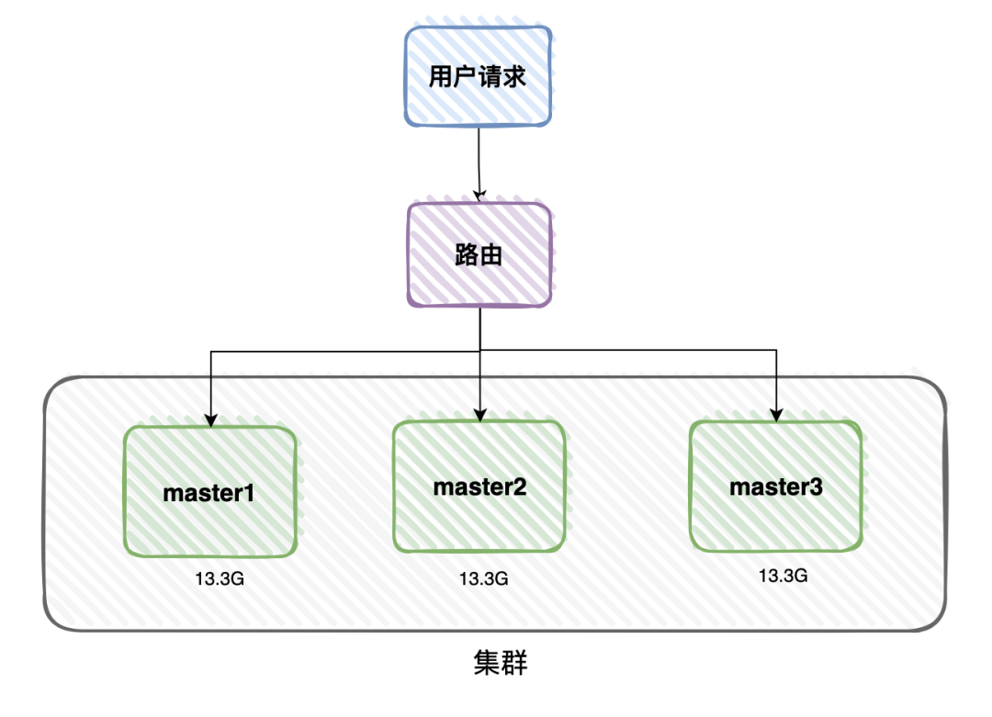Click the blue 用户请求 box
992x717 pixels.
point(478,75)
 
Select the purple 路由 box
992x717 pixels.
point(479,254)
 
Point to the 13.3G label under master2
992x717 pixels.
point(483,578)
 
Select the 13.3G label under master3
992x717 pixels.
point(783,576)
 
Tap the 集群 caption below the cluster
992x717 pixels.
point(501,663)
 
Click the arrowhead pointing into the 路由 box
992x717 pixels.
point(479,195)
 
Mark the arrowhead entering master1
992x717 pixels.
point(211,421)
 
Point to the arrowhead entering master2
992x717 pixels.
point(479,416)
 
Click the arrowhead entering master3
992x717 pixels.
point(776,416)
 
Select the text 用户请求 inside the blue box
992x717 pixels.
point(478,76)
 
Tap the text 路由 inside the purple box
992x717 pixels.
point(479,254)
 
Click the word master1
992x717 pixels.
point(209,492)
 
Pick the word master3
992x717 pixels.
point(776,487)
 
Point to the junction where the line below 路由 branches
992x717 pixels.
point(479,350)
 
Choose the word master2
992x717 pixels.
point(479,486)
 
